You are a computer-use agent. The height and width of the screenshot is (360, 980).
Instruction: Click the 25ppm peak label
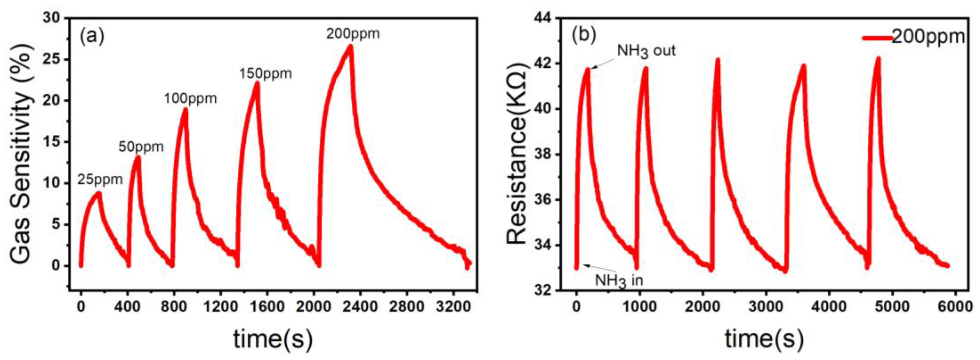100,179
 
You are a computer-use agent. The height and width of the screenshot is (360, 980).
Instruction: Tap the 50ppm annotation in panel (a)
141,146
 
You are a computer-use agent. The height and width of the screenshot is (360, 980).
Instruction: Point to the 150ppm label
265,74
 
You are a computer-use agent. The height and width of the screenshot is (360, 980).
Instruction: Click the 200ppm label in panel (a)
353,34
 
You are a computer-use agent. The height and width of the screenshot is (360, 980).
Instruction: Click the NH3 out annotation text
646,51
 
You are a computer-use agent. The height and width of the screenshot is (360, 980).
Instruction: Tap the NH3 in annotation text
619,281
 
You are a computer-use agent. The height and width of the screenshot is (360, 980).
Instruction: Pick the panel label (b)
584,35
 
